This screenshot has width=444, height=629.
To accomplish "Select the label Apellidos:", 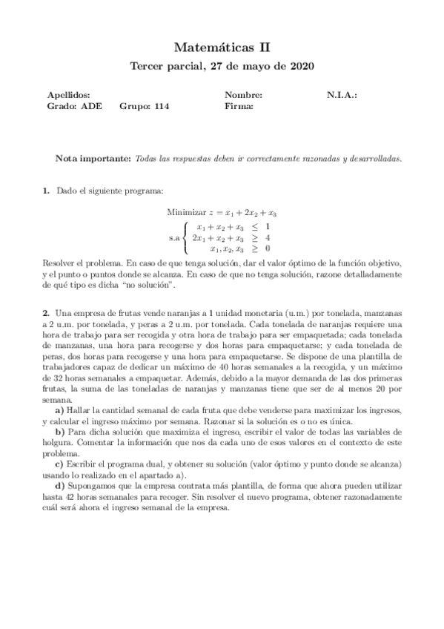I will (x=69, y=96).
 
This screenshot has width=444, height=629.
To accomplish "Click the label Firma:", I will (x=239, y=106).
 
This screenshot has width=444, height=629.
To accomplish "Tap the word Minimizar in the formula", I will (x=185, y=212).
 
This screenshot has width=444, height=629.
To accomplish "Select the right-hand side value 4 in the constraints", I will (x=267, y=238).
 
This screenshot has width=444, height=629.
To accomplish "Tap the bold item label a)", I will (x=59, y=410).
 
